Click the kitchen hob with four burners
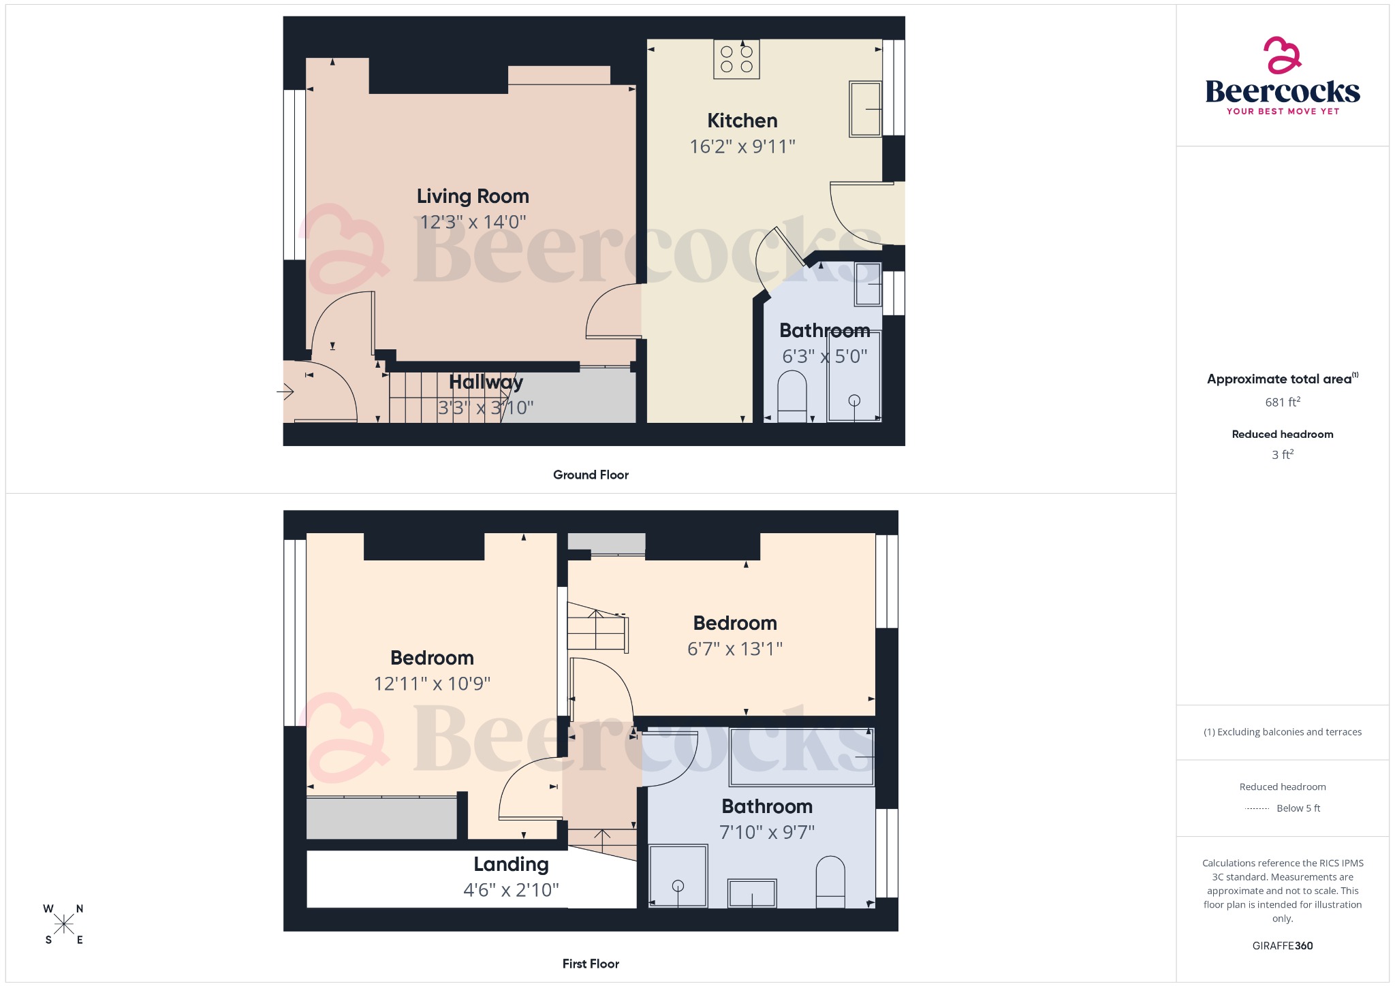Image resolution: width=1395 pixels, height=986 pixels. point(736,59)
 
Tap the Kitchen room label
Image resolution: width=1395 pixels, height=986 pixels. point(742,121)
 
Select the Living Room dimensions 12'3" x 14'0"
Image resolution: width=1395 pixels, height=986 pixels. point(473,222)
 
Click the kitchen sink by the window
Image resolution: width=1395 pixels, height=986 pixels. point(865,109)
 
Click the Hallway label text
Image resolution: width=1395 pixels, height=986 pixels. point(486,382)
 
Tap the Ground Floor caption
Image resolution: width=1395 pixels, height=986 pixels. point(591,475)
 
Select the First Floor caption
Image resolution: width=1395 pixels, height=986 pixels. point(591,964)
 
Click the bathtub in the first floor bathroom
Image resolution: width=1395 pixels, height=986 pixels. point(801,757)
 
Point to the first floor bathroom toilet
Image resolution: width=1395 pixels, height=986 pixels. point(830,881)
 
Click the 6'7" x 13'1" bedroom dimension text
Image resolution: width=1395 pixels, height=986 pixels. point(734,649)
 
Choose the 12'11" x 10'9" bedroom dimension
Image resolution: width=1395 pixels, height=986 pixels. point(432,684)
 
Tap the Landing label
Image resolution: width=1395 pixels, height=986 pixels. point(511,864)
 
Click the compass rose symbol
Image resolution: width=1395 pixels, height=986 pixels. point(64,924)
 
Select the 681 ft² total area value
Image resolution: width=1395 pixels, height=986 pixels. point(1282,402)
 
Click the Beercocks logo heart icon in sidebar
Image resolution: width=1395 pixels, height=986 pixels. point(1282,55)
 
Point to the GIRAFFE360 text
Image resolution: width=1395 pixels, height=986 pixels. point(1282,946)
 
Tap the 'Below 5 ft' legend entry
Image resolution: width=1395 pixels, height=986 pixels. point(1298,808)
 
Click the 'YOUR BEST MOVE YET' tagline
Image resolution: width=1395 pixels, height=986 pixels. point(1283,112)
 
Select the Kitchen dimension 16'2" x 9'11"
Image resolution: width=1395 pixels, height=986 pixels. point(742,146)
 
